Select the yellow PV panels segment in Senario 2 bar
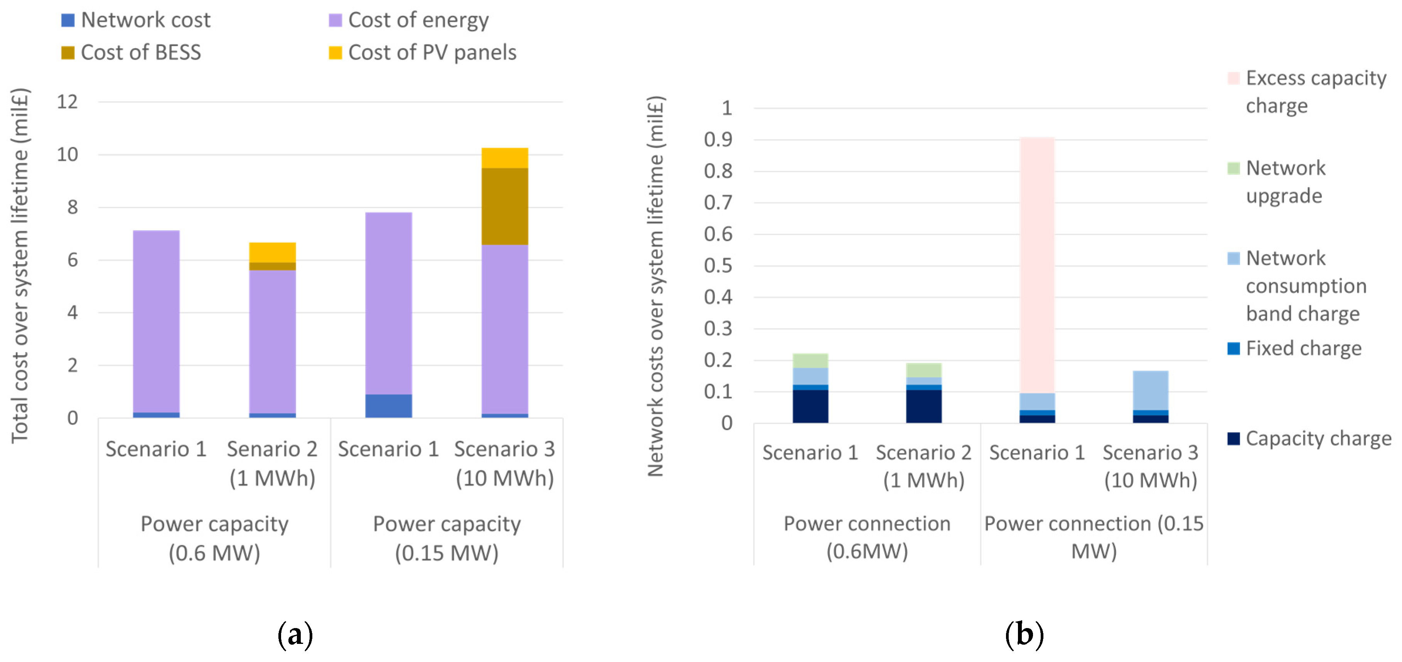click(272, 252)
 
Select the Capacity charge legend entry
click(1317, 438)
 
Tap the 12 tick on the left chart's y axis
click(67, 102)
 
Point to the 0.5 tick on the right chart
click(718, 266)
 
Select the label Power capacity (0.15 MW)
click(446, 538)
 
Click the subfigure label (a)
click(295, 634)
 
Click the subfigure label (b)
click(1024, 634)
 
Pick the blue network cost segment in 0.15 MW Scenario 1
click(388, 406)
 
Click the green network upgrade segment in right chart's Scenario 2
click(923, 370)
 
